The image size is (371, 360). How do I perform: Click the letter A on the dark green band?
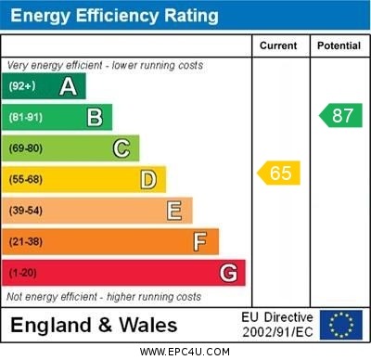(68, 86)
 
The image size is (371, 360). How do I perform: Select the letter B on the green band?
(95, 117)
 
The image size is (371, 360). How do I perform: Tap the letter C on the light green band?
(122, 148)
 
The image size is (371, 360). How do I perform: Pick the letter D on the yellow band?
(148, 179)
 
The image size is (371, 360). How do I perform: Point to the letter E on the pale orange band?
(174, 211)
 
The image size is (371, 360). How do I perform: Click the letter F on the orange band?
(200, 242)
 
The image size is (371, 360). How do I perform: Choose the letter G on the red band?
(228, 273)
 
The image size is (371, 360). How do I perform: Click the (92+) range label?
(22, 86)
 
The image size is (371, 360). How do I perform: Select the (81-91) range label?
(26, 117)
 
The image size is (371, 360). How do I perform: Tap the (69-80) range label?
(26, 148)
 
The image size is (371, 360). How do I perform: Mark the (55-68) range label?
(26, 179)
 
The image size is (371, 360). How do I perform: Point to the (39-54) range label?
(26, 211)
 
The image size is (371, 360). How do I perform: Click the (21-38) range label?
(26, 242)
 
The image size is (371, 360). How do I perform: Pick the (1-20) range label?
(23, 273)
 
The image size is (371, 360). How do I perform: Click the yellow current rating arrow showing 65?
(279, 173)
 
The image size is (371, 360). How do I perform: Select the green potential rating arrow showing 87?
(340, 115)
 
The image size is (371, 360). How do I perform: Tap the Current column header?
(278, 45)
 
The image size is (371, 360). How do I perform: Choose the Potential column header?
(339, 45)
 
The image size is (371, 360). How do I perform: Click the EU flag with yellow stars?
(341, 325)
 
